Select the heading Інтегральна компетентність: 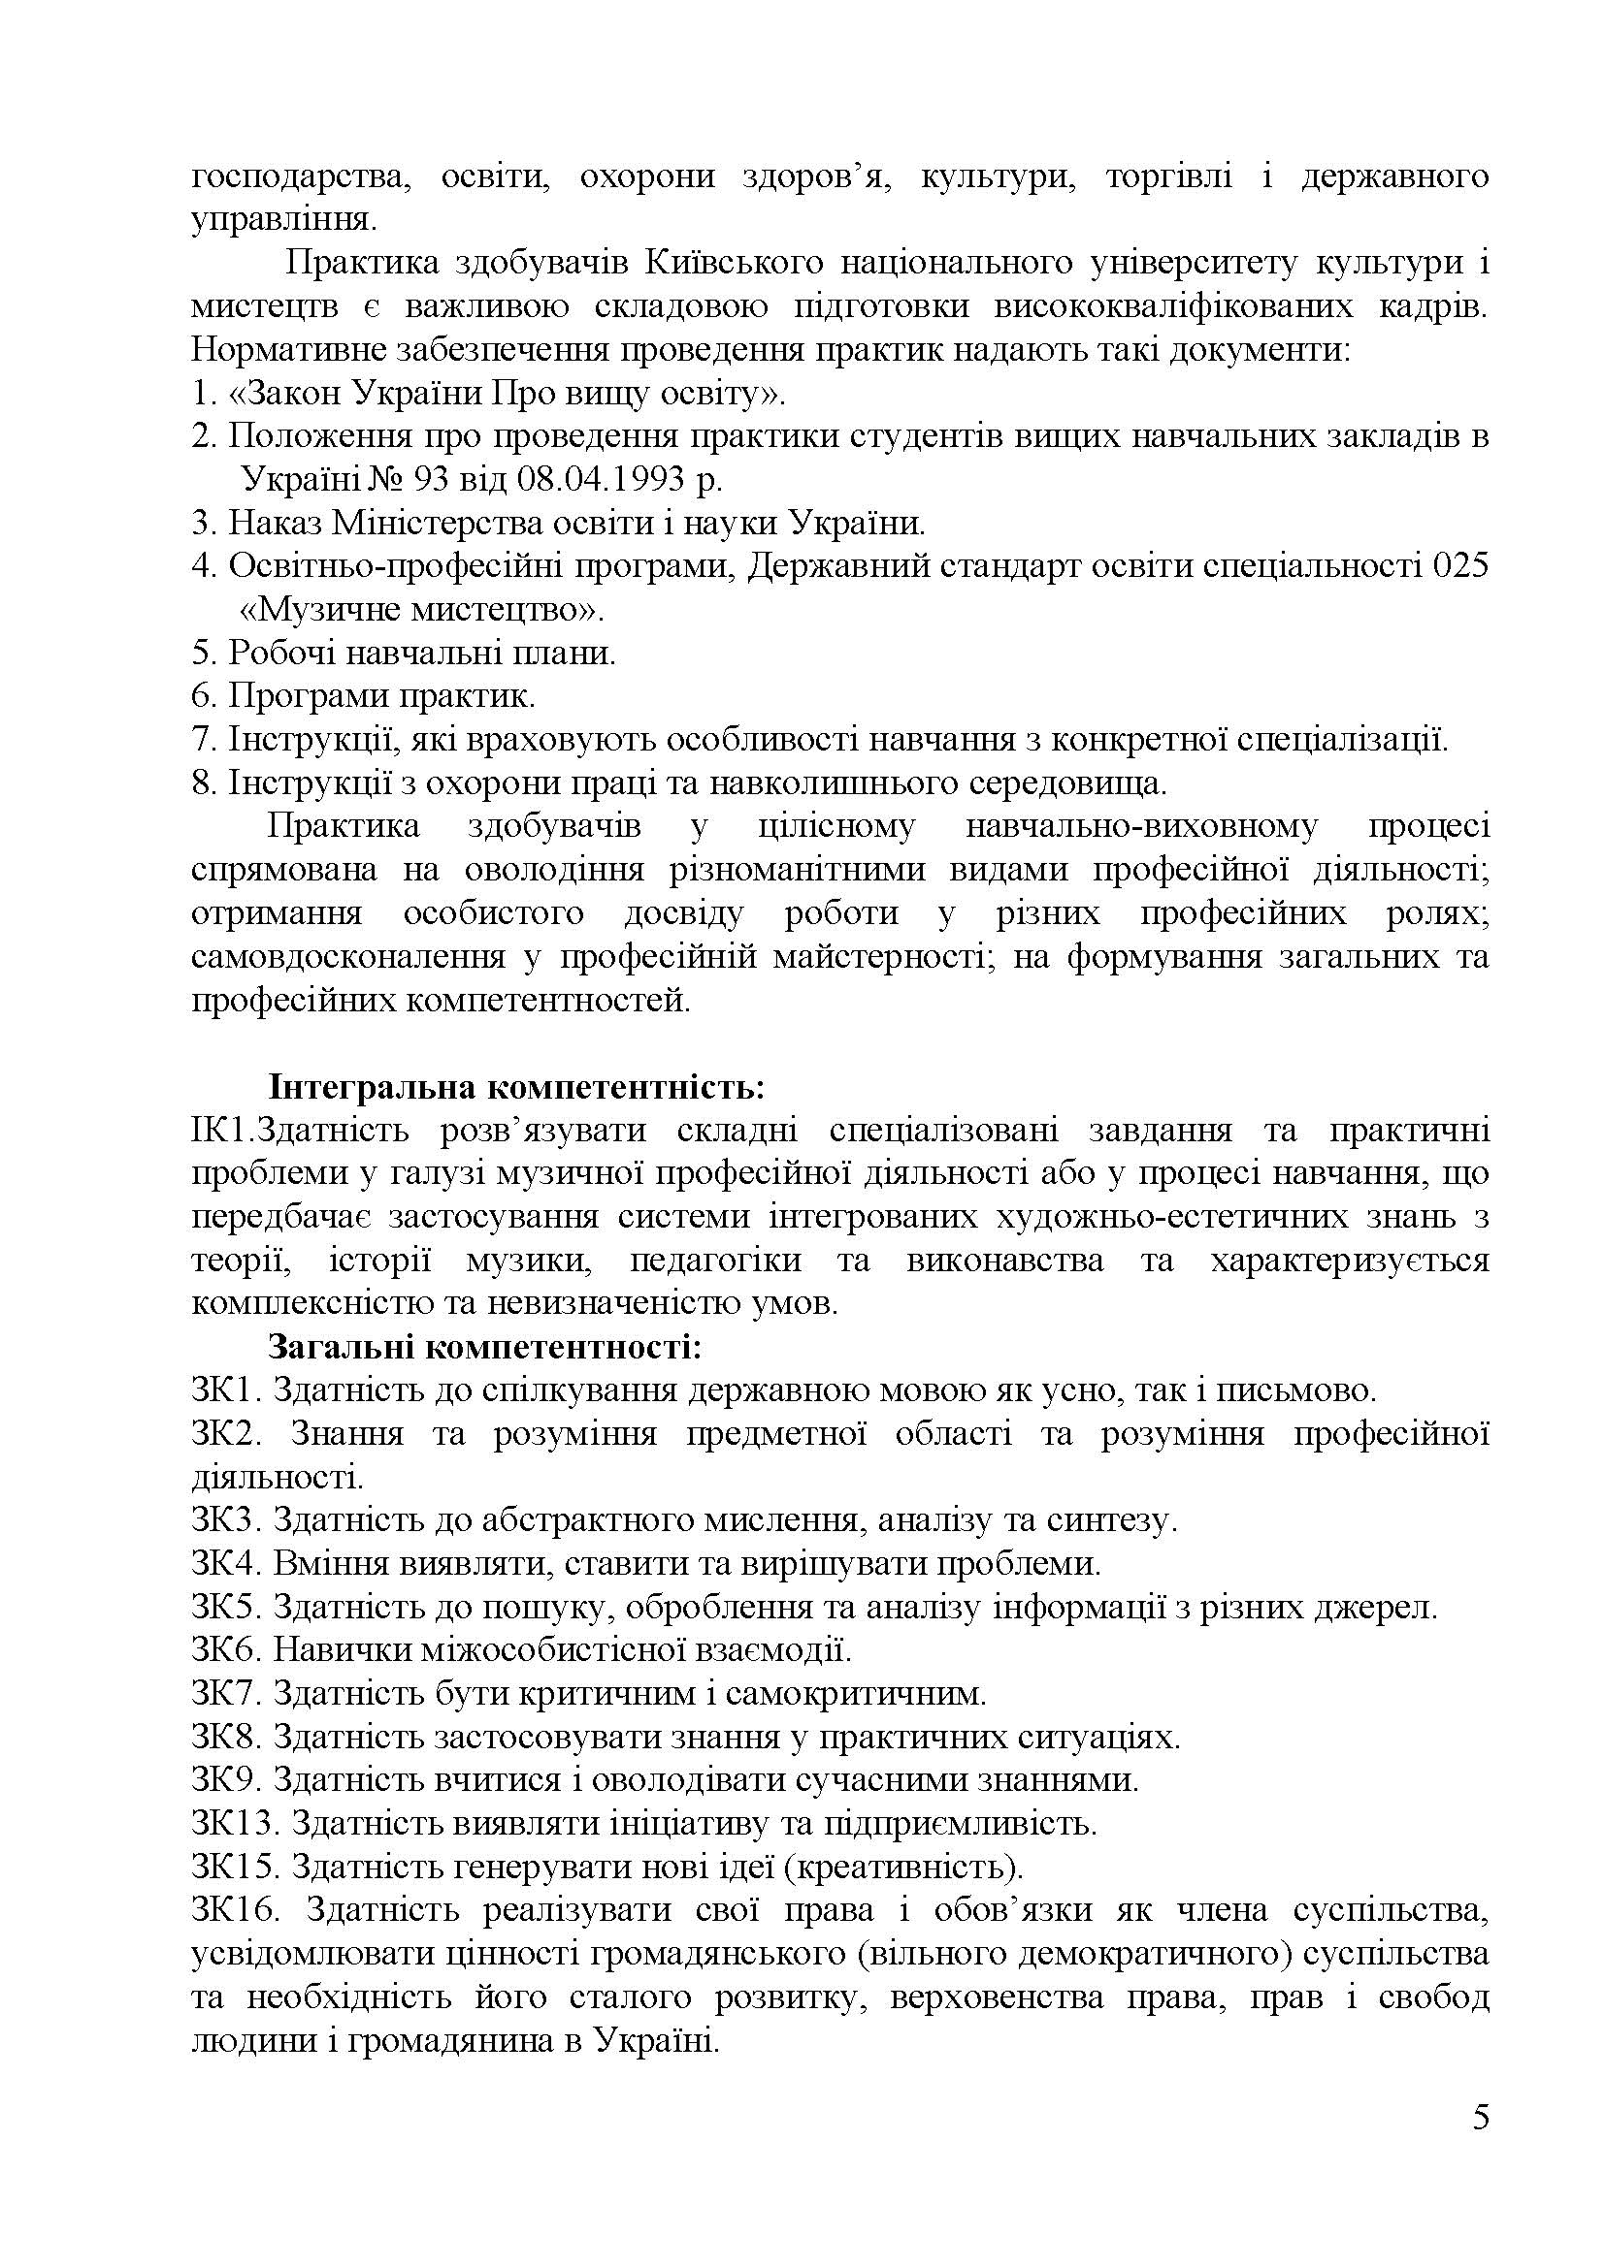point(516,1089)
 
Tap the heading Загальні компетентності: point(484,1348)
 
